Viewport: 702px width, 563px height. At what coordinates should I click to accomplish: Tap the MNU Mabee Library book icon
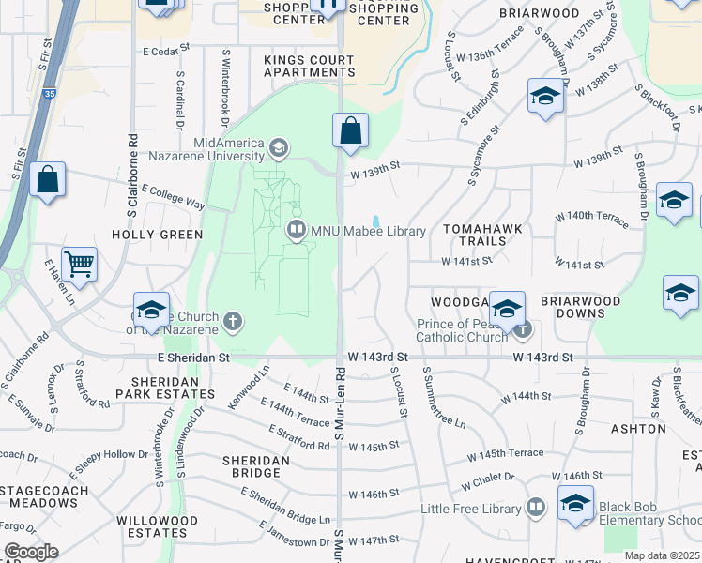[297, 229]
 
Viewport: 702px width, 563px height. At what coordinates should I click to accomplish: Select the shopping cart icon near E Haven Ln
[80, 264]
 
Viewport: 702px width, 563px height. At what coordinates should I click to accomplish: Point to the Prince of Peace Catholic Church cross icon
[524, 329]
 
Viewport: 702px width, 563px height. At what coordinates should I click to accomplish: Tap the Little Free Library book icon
[535, 508]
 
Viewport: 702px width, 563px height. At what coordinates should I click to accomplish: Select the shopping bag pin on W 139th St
[351, 131]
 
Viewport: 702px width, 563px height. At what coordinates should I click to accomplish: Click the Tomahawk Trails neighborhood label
[475, 235]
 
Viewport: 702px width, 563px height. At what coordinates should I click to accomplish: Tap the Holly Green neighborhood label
[157, 235]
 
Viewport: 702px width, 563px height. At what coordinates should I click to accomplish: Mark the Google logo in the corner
[31, 552]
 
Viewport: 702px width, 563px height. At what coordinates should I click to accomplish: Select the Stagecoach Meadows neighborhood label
[39, 496]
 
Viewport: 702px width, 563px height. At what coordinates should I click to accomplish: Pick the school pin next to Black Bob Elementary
[575, 502]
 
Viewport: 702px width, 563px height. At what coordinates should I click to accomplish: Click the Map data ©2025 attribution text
[662, 555]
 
